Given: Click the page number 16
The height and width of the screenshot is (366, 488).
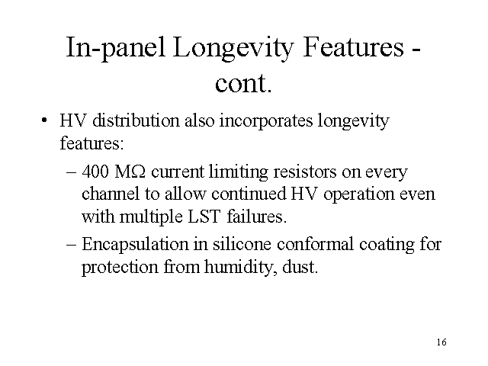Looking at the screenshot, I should pyautogui.click(x=442, y=341).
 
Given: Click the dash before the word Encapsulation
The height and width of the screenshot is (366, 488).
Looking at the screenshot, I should pyautogui.click(x=71, y=245).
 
